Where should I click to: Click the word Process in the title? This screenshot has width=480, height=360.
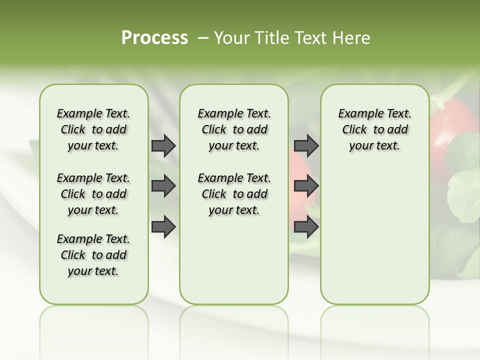click(x=154, y=38)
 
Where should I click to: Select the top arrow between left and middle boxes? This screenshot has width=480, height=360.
click(x=163, y=146)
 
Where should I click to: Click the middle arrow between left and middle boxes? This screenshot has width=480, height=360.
click(x=163, y=186)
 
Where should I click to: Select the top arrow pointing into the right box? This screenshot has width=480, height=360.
click(x=306, y=146)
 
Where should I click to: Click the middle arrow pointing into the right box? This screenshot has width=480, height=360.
click(x=306, y=186)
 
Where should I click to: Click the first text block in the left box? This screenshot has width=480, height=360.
click(x=93, y=129)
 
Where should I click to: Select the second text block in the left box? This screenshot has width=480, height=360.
click(x=93, y=194)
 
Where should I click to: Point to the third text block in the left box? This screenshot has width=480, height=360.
click(x=93, y=255)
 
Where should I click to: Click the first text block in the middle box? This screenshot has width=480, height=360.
click(x=234, y=129)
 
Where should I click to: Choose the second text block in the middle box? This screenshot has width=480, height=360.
click(x=234, y=194)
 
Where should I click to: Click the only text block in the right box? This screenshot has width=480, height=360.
click(x=374, y=129)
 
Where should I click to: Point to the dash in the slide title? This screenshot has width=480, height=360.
click(x=203, y=38)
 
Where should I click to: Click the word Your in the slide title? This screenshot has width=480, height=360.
click(x=232, y=38)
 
